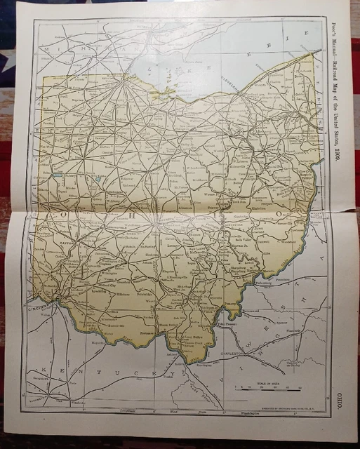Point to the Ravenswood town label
click(x=251, y=307)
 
